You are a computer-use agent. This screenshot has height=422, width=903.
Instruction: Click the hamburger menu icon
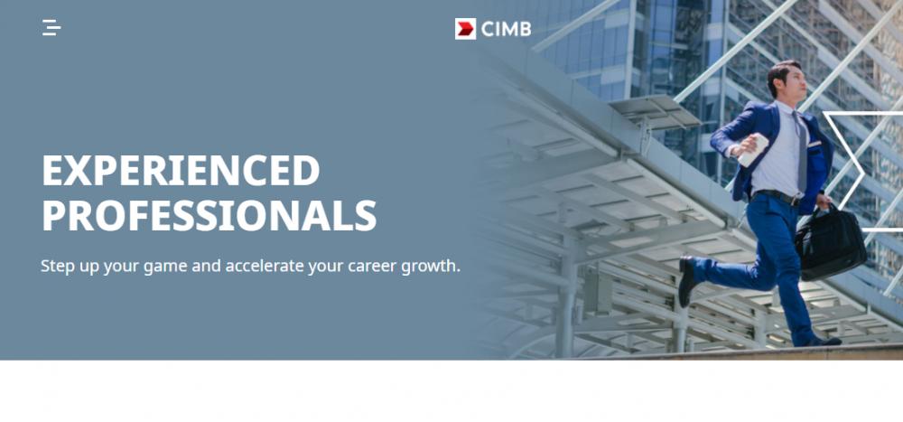[x=51, y=28]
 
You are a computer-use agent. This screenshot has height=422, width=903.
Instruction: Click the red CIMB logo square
[x=465, y=29]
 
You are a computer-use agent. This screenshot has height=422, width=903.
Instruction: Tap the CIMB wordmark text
[x=506, y=29]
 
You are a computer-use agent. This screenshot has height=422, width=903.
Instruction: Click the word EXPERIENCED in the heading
[x=181, y=170]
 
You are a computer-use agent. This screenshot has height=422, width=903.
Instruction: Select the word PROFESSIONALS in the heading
[x=209, y=215]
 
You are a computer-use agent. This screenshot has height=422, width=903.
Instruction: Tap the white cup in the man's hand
[x=753, y=150]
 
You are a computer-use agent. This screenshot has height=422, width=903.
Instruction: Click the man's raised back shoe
[x=686, y=281]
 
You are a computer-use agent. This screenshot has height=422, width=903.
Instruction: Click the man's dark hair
[x=781, y=73]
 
